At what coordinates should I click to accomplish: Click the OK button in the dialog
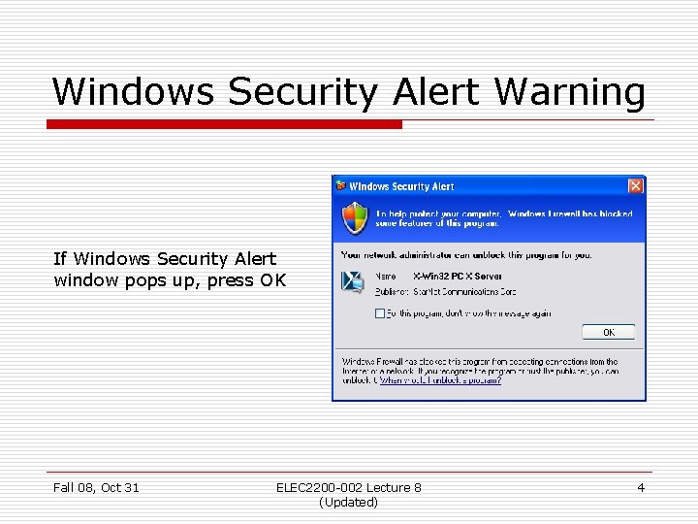pyautogui.click(x=609, y=332)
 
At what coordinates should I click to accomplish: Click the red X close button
pyautogui.click(x=635, y=186)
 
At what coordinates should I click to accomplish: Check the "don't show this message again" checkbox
pyautogui.click(x=379, y=313)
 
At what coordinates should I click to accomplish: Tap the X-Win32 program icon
pyautogui.click(x=352, y=281)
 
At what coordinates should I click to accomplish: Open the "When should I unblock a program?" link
pyautogui.click(x=441, y=380)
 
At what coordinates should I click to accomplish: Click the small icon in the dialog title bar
pyautogui.click(x=340, y=186)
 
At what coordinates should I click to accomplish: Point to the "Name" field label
pyautogui.click(x=385, y=277)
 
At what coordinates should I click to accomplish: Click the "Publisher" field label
pyautogui.click(x=392, y=291)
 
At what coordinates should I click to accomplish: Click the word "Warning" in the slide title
pyautogui.click(x=569, y=92)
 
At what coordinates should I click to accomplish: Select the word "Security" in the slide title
pyautogui.click(x=304, y=92)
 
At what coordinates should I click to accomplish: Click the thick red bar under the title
pyautogui.click(x=224, y=124)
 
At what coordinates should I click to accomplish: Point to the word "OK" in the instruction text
pyautogui.click(x=272, y=280)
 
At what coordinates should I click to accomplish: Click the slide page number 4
pyautogui.click(x=641, y=487)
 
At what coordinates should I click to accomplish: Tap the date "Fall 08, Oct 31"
pyautogui.click(x=96, y=487)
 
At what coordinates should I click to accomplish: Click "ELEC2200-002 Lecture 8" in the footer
pyautogui.click(x=348, y=487)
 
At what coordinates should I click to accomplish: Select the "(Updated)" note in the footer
pyautogui.click(x=348, y=502)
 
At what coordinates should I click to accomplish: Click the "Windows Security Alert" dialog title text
pyautogui.click(x=401, y=186)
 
